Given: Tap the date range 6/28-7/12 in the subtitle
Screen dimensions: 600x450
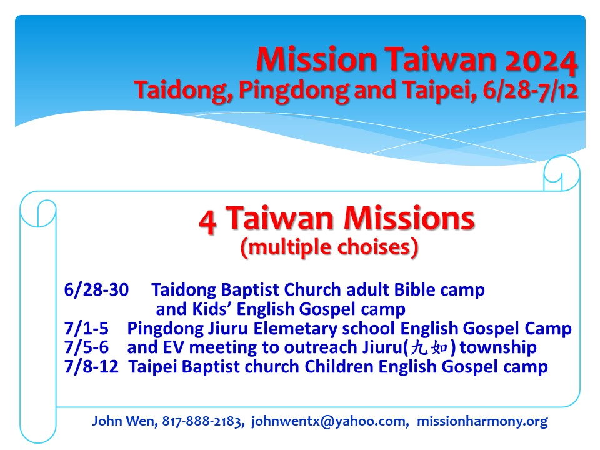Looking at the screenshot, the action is click(x=531, y=91).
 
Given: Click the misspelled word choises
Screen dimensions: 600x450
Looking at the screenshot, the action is click(x=374, y=247).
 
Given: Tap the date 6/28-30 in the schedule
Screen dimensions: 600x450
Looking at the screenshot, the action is click(x=96, y=290).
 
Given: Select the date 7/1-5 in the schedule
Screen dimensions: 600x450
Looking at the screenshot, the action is click(x=86, y=329).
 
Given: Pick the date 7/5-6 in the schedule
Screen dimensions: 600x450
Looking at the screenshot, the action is click(x=86, y=347).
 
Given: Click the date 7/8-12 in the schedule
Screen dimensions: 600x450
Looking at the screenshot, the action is click(x=91, y=367).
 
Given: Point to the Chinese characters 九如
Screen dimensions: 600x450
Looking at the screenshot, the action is click(x=429, y=348).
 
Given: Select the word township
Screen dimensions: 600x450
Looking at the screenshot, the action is click(x=498, y=348).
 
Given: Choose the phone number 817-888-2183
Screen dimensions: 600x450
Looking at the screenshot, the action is click(x=202, y=421).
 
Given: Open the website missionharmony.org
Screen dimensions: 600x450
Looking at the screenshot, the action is click(x=482, y=421).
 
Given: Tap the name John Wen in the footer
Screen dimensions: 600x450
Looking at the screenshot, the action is click(x=124, y=421).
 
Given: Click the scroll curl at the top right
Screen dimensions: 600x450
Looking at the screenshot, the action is click(x=562, y=173).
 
